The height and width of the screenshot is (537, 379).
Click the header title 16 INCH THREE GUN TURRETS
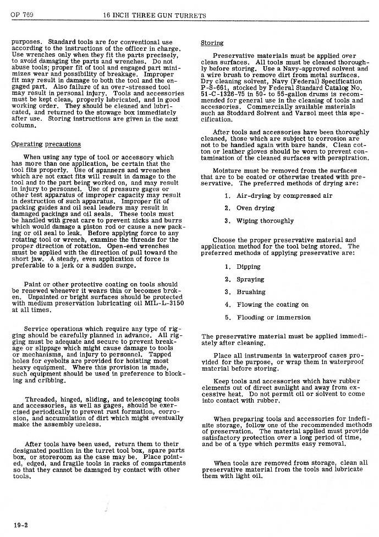click(x=155, y=15)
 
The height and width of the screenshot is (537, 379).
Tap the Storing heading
click(x=212, y=43)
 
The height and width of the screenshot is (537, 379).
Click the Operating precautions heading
click(x=46, y=144)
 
